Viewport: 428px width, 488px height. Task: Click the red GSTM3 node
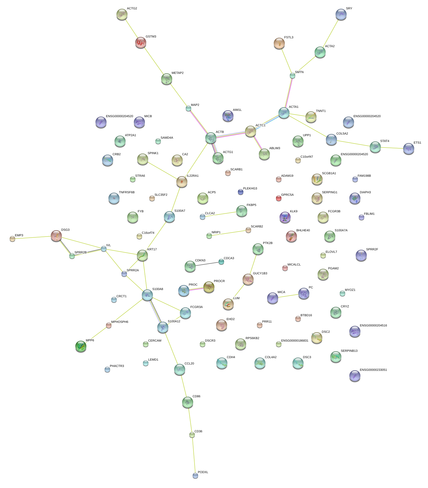coord(141,43)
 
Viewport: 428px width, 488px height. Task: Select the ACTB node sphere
coord(211,138)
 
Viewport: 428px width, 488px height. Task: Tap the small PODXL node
coord(195,475)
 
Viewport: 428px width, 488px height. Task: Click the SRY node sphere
coord(341,14)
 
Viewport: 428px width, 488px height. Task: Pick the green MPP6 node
coord(81,346)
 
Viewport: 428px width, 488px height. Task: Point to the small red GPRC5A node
coord(279,198)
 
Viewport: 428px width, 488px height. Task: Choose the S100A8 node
coord(147,295)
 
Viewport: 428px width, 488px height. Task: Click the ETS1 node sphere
coord(409,149)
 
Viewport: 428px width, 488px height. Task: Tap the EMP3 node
coord(12,238)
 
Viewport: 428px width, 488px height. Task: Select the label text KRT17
coord(152,250)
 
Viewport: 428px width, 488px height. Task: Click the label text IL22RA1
coord(193,176)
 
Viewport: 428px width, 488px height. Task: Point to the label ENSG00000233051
coord(373,370)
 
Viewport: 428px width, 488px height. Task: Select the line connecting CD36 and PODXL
coord(194,455)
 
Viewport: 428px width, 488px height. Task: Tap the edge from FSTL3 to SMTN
coord(286,59)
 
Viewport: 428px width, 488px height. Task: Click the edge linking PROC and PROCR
coord(196,289)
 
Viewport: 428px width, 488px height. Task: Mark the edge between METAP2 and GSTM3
coord(153,61)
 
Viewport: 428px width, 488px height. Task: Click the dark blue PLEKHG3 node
coord(241,192)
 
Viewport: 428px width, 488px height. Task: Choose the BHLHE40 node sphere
coord(291,236)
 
